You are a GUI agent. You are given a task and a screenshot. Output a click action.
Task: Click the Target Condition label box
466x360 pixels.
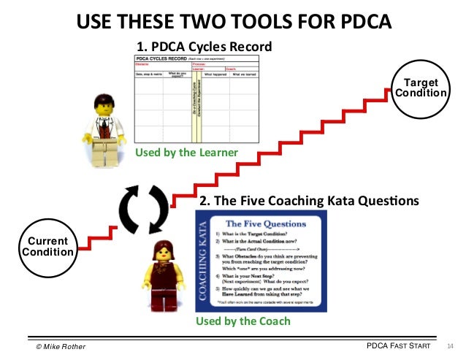[421, 88]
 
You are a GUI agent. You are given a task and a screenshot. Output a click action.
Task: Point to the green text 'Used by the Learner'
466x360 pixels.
[187, 153]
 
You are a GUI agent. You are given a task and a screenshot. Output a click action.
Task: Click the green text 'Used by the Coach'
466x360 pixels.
[243, 321]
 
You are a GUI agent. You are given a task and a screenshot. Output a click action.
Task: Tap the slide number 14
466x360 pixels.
[450, 345]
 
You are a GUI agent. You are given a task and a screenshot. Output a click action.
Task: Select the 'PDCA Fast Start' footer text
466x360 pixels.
[398, 345]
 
